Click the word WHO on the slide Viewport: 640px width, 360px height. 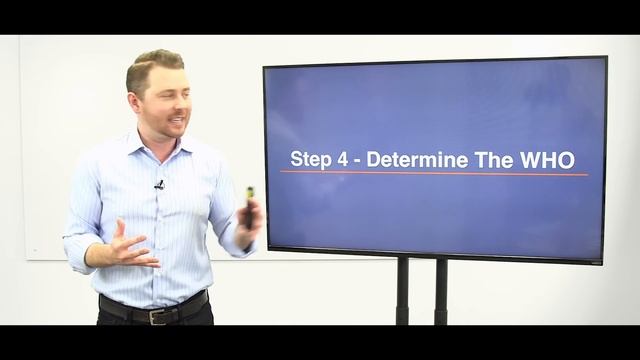point(551,159)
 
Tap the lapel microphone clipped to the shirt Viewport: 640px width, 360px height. point(159,185)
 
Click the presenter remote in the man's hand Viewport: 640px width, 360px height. point(249,205)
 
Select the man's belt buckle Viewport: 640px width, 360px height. point(156,315)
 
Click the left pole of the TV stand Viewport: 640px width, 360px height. point(402,290)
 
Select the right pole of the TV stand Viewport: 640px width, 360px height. point(440,290)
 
